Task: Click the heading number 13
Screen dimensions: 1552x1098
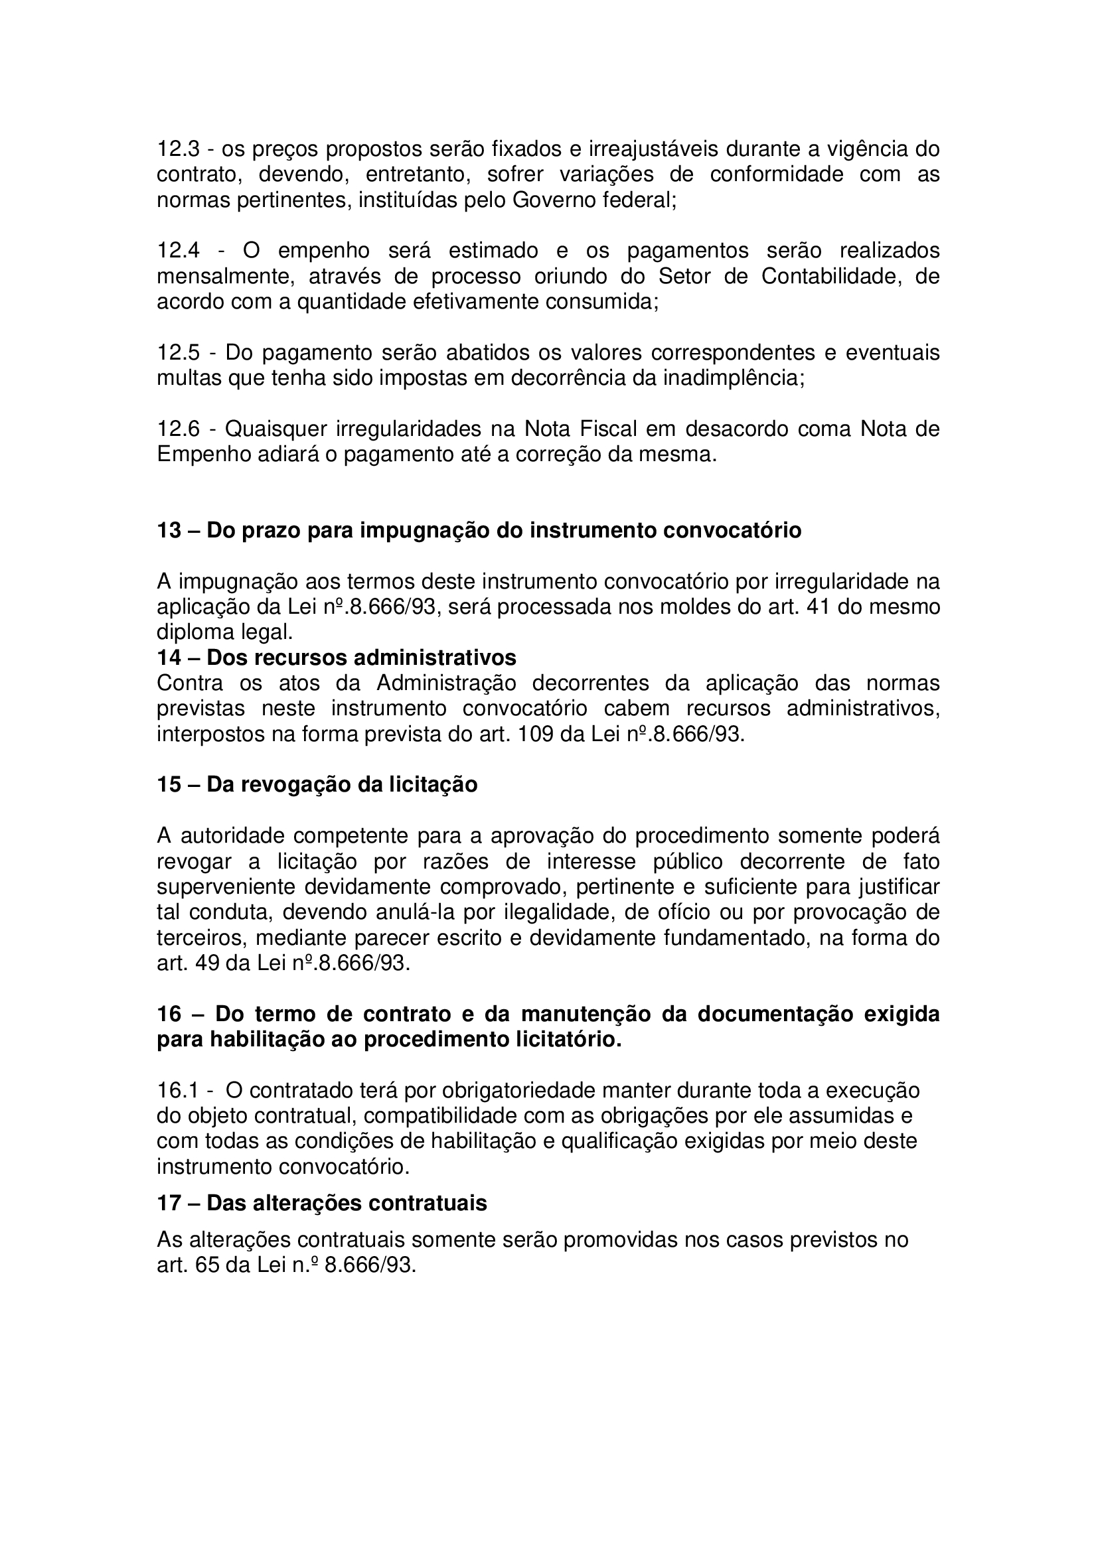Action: point(169,531)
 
